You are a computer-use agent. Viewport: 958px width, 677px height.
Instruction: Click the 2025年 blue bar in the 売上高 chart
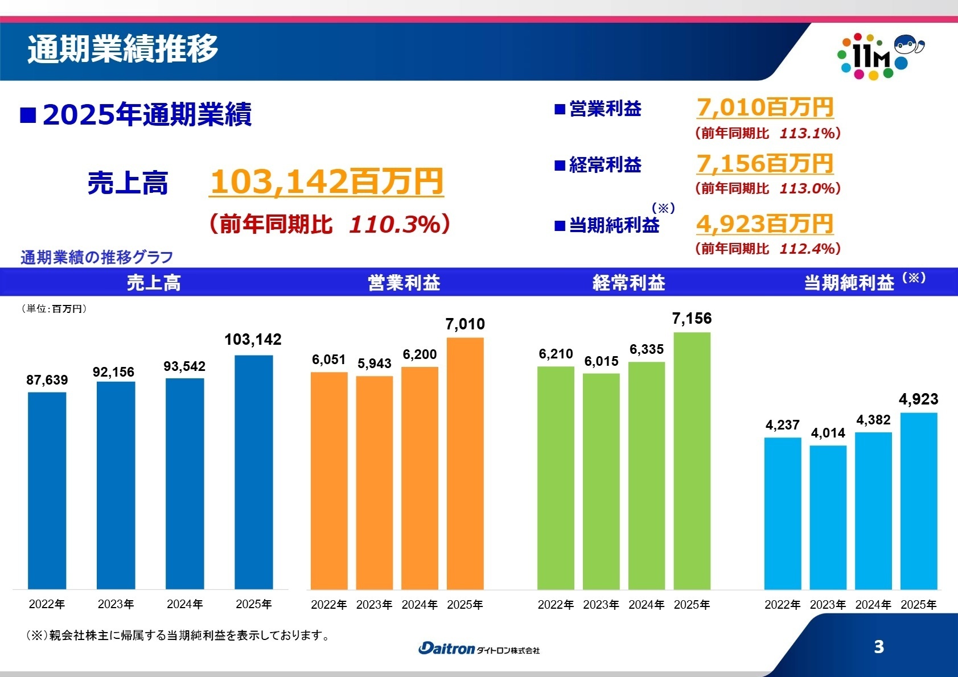[x=253, y=472]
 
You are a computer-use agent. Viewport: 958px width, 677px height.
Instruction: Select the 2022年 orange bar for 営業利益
[x=329, y=481]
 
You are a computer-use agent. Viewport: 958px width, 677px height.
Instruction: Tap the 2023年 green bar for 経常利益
[x=601, y=481]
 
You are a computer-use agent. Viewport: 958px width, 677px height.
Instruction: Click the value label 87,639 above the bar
[x=47, y=380]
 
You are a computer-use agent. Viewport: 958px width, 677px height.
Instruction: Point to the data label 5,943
[x=375, y=364]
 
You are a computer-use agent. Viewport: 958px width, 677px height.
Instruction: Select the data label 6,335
[x=647, y=349]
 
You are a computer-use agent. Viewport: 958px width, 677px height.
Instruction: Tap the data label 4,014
[x=828, y=433]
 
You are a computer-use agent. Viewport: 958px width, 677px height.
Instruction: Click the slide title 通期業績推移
[x=123, y=49]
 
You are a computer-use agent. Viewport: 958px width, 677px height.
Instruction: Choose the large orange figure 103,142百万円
[x=327, y=181]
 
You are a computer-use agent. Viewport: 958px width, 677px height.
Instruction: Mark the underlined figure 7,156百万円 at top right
[x=765, y=164]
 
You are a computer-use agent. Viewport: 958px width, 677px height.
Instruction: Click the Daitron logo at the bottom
[x=479, y=649]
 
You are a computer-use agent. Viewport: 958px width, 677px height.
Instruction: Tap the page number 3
[x=879, y=647]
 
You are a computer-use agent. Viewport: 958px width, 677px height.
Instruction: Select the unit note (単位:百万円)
[x=54, y=309]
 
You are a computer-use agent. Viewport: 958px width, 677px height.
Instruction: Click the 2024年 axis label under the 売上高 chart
[x=185, y=604]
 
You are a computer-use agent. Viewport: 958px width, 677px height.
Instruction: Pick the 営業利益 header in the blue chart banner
[x=404, y=283]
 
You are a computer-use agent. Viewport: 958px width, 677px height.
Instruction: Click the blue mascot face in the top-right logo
[x=907, y=44]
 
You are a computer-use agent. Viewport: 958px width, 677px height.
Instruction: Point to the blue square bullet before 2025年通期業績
[x=28, y=115]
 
